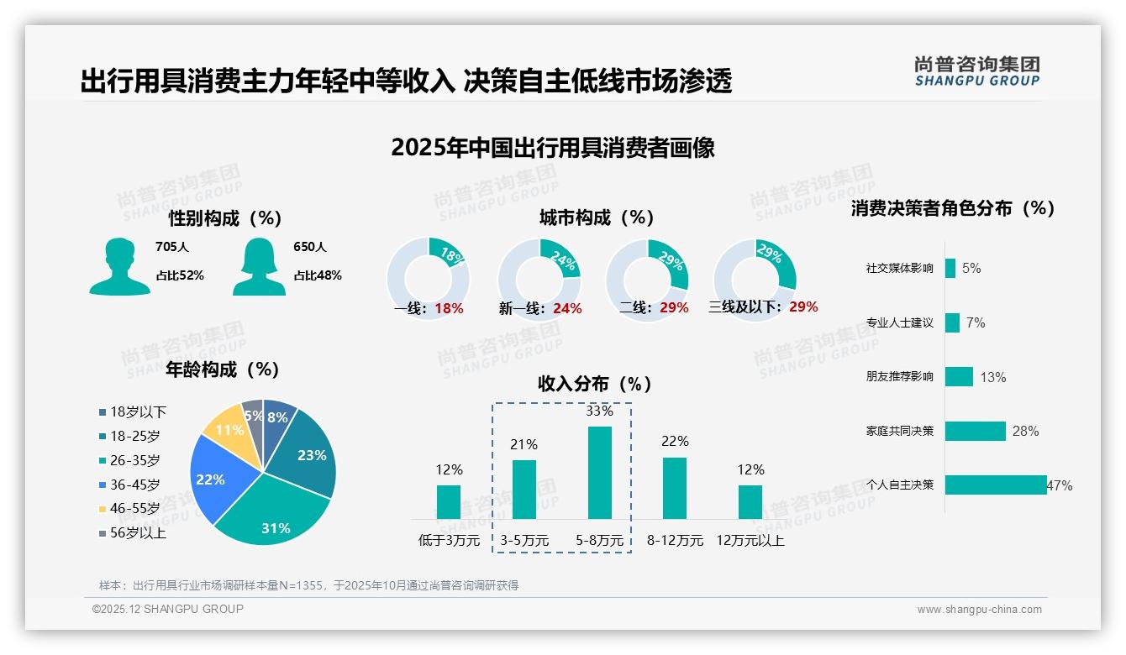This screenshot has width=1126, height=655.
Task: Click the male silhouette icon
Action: [120, 266]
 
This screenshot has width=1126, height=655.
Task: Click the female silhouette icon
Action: [259, 266]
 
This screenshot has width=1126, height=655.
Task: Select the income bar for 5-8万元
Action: [599, 473]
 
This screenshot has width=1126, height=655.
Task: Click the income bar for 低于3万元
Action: [449, 501]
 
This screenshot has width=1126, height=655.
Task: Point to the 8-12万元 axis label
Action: [675, 541]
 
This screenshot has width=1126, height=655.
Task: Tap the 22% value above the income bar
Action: [675, 442]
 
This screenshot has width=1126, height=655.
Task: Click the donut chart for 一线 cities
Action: [429, 279]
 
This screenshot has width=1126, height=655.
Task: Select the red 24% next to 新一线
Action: [567, 309]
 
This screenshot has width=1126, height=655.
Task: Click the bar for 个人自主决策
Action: [996, 485]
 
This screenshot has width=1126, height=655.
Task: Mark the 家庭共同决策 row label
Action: [899, 431]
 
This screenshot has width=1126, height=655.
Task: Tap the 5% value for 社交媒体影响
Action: [971, 269]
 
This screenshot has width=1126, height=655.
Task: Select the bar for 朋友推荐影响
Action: [959, 376]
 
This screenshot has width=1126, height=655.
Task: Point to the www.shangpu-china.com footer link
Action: [979, 610]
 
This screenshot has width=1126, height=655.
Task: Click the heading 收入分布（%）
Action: [595, 384]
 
